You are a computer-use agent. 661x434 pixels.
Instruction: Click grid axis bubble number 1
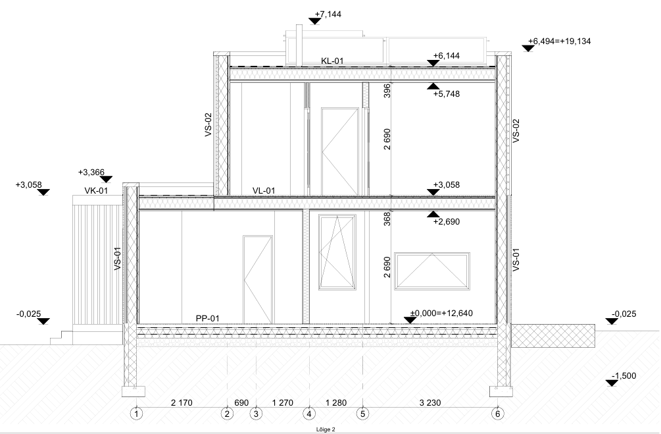click(x=136, y=414)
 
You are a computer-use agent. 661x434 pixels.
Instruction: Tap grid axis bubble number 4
click(x=309, y=414)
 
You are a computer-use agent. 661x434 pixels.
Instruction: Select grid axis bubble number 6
click(x=497, y=414)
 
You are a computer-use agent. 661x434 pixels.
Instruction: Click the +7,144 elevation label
click(x=328, y=14)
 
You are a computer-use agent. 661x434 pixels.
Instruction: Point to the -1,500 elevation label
click(x=624, y=376)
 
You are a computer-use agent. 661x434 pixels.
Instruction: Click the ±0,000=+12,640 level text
click(x=441, y=313)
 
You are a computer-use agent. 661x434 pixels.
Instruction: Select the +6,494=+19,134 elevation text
click(x=560, y=41)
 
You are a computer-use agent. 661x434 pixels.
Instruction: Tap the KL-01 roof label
click(x=332, y=61)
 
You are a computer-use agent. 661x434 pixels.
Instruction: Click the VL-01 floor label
click(x=264, y=191)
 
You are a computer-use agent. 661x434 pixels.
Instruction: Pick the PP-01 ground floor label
click(x=207, y=318)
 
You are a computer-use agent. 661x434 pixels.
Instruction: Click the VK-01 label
click(x=96, y=191)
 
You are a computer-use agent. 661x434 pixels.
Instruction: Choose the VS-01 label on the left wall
click(x=118, y=258)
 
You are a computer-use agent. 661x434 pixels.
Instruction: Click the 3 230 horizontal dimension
click(x=430, y=403)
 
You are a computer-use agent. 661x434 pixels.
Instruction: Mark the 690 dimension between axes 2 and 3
click(x=241, y=403)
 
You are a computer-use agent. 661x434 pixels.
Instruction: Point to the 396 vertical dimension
click(x=387, y=91)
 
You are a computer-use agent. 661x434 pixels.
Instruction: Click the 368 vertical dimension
click(x=387, y=219)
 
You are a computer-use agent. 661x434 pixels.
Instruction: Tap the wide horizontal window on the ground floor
click(x=432, y=271)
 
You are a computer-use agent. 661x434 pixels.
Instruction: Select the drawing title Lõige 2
click(x=326, y=430)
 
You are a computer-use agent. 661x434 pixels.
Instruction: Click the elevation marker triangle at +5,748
click(x=433, y=86)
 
